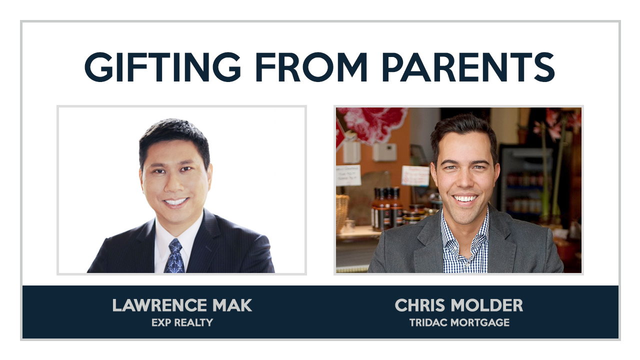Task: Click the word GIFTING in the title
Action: pyautogui.click(x=163, y=67)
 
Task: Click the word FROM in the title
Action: pyautogui.click(x=311, y=67)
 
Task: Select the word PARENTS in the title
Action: pyautogui.click(x=468, y=67)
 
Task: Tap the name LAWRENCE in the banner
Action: pyautogui.click(x=158, y=305)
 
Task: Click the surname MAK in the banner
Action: pyautogui.click(x=232, y=305)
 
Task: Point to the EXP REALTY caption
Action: pyautogui.click(x=182, y=322)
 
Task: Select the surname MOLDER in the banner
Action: pyautogui.click(x=487, y=305)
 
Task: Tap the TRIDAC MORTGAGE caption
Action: pyautogui.click(x=459, y=322)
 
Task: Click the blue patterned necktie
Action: pyautogui.click(x=174, y=256)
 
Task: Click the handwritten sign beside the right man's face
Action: pyautogui.click(x=415, y=175)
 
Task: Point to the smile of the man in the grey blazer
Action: pyautogui.click(x=465, y=198)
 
